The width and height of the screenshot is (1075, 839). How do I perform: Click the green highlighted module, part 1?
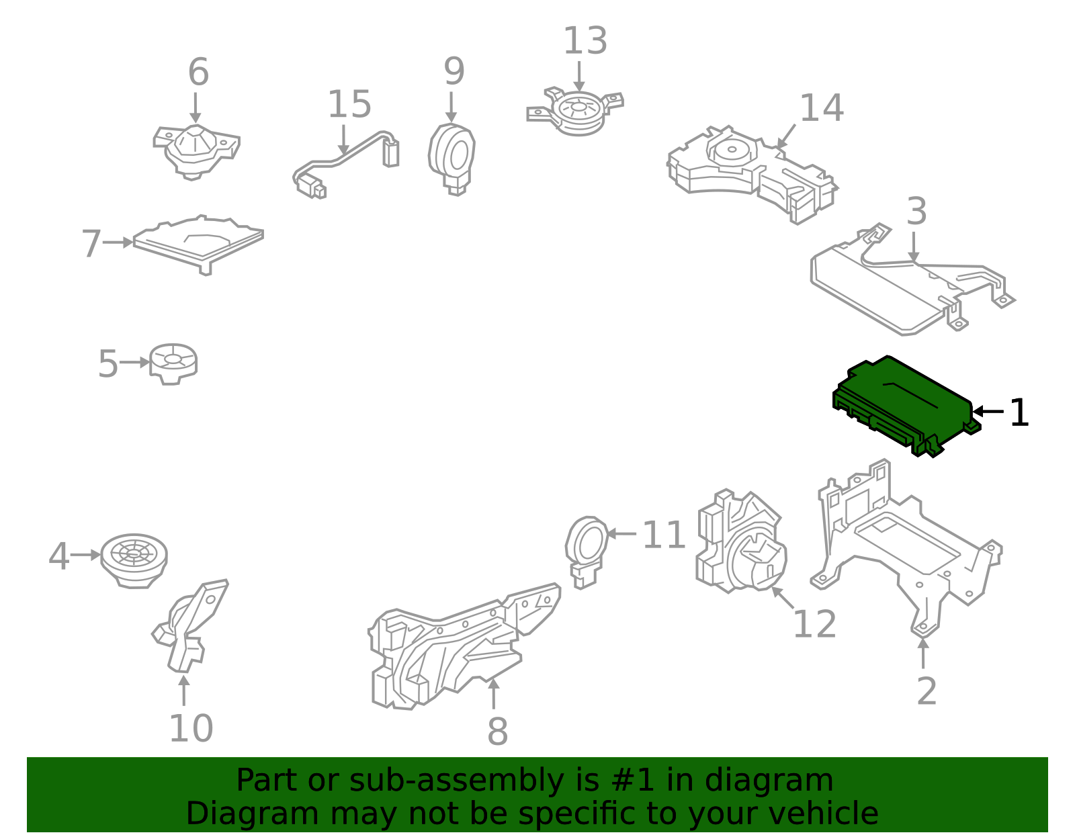(x=905, y=406)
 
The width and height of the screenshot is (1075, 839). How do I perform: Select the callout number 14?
(x=822, y=107)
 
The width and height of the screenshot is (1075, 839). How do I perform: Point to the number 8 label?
(x=497, y=732)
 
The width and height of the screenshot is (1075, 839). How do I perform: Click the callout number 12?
(x=814, y=624)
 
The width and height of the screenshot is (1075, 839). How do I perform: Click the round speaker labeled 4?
(x=134, y=561)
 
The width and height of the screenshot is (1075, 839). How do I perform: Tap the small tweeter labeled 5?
(x=173, y=364)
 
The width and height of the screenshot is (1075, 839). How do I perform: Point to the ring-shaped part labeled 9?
(x=451, y=159)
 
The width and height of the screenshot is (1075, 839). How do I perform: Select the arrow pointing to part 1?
(x=988, y=411)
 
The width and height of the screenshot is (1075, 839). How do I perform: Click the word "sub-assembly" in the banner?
(x=457, y=780)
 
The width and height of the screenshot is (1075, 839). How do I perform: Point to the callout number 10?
(x=191, y=728)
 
